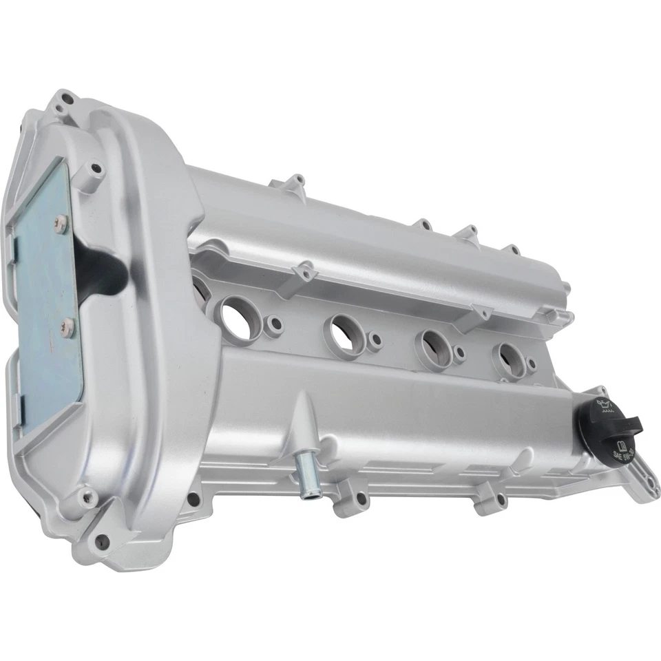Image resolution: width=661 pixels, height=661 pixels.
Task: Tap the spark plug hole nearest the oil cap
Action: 510,354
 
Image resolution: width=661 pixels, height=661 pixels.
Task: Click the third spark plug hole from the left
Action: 432,342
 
